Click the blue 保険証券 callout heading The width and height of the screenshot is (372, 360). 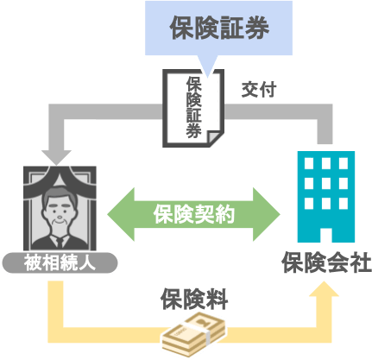pos(219,28)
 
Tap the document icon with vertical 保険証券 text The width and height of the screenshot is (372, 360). pos(193,108)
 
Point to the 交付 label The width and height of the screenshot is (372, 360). pos(259,90)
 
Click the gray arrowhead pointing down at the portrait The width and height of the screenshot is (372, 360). pos(56,157)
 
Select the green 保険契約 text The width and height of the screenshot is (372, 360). pos(194,214)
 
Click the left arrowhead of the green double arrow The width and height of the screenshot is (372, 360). pos(121,214)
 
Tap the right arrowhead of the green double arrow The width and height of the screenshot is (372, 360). pos(267,214)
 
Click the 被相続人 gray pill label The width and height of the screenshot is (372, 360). pos(60,262)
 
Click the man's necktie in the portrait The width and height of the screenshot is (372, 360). pos(60,243)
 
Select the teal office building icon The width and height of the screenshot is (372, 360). pos(326,197)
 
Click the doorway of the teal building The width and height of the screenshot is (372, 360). pos(326,235)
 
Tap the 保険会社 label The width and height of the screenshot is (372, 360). pos(326,262)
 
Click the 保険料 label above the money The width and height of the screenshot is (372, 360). pos(194,299)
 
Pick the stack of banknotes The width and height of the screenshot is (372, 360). pos(193,335)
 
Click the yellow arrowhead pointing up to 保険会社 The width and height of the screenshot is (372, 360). pos(325,289)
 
